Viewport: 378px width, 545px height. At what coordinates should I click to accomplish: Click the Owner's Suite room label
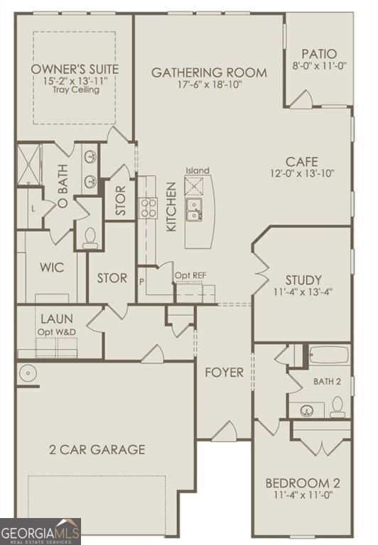(x=74, y=69)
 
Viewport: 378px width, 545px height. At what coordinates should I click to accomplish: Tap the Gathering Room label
(x=209, y=72)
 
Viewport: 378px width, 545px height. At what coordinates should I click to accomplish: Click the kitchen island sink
(x=193, y=207)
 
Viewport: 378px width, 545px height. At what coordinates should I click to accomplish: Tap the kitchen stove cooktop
(x=148, y=207)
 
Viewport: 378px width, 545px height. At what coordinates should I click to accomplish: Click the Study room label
(x=303, y=280)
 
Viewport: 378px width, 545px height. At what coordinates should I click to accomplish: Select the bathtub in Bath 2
(x=328, y=355)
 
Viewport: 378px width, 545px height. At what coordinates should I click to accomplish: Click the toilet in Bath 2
(x=337, y=406)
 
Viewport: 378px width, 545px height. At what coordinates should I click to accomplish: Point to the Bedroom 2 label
(x=303, y=483)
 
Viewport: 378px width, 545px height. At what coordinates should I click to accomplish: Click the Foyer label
(x=224, y=372)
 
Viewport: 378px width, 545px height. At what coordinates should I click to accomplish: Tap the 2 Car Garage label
(x=97, y=449)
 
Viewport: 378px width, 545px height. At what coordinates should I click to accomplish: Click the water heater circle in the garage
(x=27, y=372)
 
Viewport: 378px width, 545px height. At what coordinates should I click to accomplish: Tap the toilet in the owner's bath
(x=90, y=237)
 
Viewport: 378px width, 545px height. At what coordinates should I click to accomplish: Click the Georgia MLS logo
(x=40, y=532)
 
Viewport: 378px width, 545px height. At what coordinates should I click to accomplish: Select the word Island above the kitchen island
(x=198, y=170)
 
